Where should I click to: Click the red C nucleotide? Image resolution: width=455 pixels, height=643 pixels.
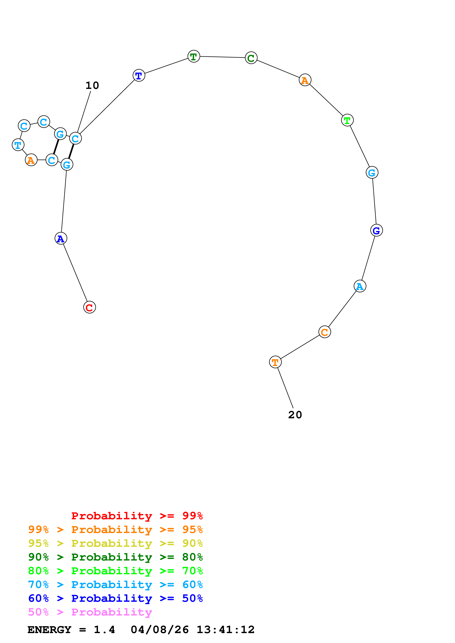click(x=89, y=307)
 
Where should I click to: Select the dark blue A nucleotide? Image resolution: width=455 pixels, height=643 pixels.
click(x=61, y=238)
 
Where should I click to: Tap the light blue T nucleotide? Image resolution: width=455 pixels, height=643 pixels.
click(x=18, y=145)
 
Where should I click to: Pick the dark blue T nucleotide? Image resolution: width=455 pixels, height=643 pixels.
click(x=139, y=75)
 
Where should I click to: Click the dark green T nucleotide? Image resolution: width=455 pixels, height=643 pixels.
click(x=194, y=56)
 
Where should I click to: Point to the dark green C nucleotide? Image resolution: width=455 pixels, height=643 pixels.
click(x=251, y=58)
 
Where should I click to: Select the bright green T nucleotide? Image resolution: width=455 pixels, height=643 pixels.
click(x=347, y=120)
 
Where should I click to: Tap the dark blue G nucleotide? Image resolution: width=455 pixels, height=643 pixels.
click(x=376, y=230)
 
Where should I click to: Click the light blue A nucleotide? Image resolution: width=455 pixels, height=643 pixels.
click(x=360, y=286)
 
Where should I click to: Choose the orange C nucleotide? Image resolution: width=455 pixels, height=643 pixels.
click(x=325, y=332)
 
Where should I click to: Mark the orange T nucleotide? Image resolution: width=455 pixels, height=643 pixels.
click(x=275, y=362)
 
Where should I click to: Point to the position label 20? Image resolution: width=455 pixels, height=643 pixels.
click(x=295, y=415)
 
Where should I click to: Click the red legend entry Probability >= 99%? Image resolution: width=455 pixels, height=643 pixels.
click(x=137, y=516)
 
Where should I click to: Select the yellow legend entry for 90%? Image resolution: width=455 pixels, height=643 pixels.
click(x=115, y=543)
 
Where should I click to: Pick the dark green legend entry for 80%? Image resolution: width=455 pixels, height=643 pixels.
click(x=115, y=557)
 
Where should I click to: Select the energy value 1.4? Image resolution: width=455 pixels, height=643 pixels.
click(x=104, y=630)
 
